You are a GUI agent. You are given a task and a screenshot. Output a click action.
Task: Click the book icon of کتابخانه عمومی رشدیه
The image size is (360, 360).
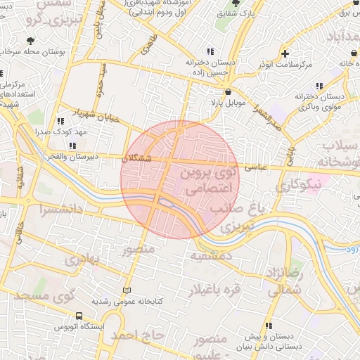(127, 290)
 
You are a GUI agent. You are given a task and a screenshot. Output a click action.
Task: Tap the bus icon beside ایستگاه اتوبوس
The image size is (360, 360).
(79, 316)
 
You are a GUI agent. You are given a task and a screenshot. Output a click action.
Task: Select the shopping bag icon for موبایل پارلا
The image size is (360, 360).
(228, 92)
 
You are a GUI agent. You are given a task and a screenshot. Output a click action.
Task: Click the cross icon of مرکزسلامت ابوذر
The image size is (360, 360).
(285, 53)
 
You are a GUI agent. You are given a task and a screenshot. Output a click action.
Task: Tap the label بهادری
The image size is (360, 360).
(82, 260)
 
